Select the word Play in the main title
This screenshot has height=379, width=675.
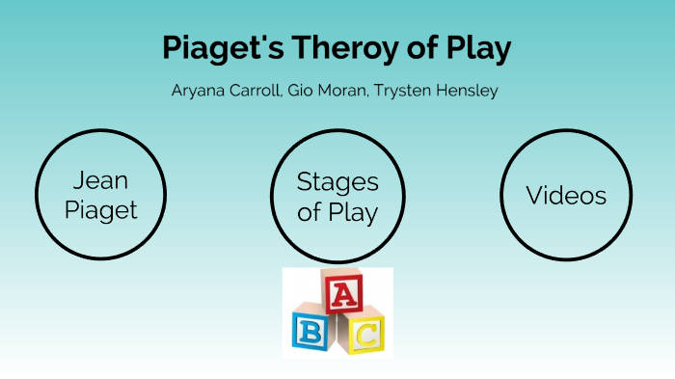coord(476,49)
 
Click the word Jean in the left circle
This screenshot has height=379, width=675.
coord(100,180)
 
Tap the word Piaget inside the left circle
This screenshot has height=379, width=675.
coord(100,209)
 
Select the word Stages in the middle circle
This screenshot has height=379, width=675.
coord(337,181)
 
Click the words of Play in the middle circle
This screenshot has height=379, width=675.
coord(337,211)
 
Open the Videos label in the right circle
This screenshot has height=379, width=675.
coord(566,196)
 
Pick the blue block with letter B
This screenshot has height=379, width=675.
coord(311,331)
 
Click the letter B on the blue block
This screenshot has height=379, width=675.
coord(310,333)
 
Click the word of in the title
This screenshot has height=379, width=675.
coord(418,49)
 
